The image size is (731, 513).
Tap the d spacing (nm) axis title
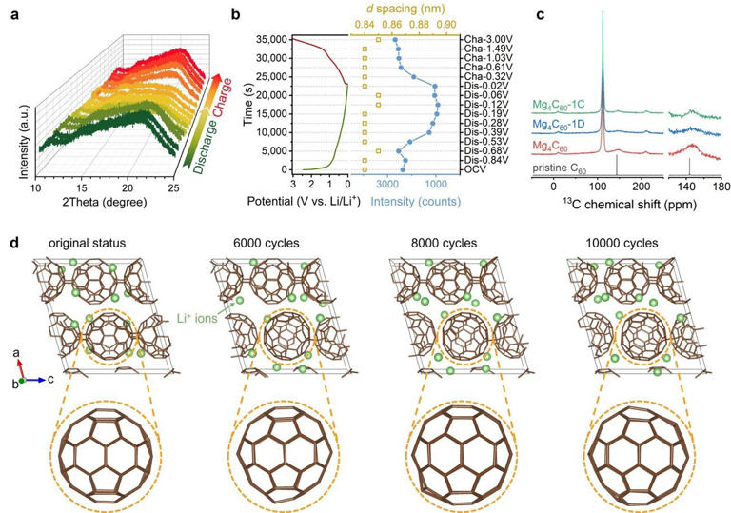405,9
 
